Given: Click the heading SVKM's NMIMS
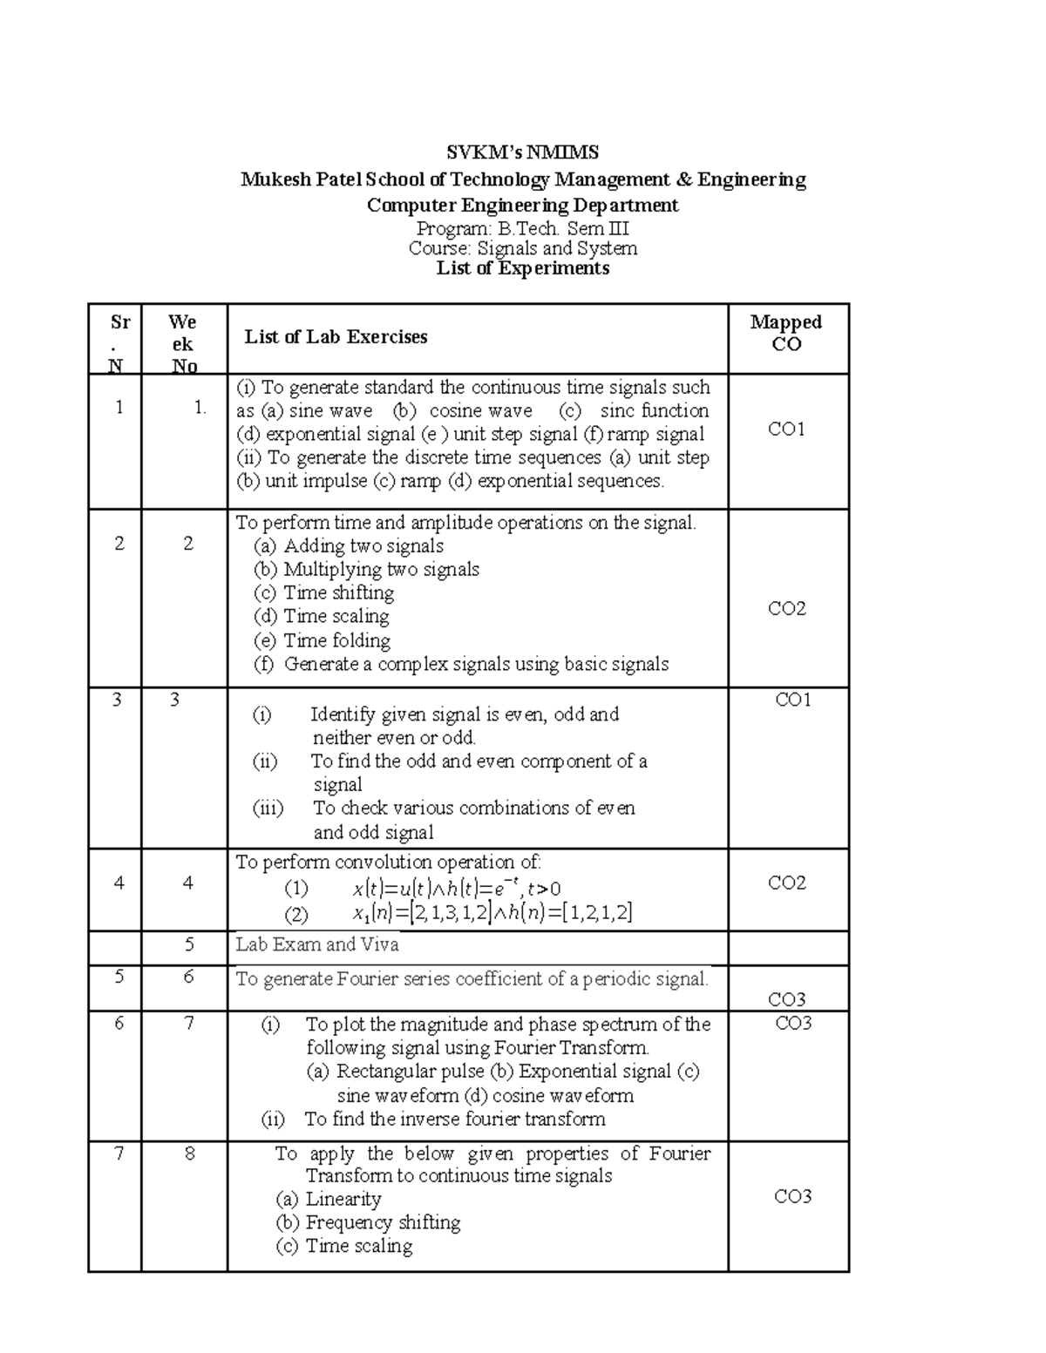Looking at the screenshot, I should click(x=522, y=152).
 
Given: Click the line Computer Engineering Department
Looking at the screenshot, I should click(x=522, y=206).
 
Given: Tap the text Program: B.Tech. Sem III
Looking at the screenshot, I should click(x=522, y=229).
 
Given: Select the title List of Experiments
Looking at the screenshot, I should click(x=522, y=268).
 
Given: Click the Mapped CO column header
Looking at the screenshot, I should click(x=786, y=333).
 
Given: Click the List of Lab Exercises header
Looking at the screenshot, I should click(x=336, y=337).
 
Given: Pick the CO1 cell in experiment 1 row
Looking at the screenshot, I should click(x=786, y=429).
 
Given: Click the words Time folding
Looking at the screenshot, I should click(x=336, y=640).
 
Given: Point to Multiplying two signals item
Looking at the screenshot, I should click(x=381, y=569).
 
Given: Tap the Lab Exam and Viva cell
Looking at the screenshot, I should click(x=317, y=944).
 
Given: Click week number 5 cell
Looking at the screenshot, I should click(x=189, y=944).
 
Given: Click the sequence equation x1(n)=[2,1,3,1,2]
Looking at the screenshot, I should click(x=492, y=913).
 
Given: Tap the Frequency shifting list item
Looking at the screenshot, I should click(x=383, y=1222).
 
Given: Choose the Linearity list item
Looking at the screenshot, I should click(x=343, y=1199).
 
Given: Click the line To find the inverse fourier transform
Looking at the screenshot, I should click(x=454, y=1119).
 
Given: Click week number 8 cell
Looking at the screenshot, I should click(x=189, y=1154).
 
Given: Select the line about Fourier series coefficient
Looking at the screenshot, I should click(x=472, y=979).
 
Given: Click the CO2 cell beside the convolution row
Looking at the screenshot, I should click(x=786, y=883).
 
